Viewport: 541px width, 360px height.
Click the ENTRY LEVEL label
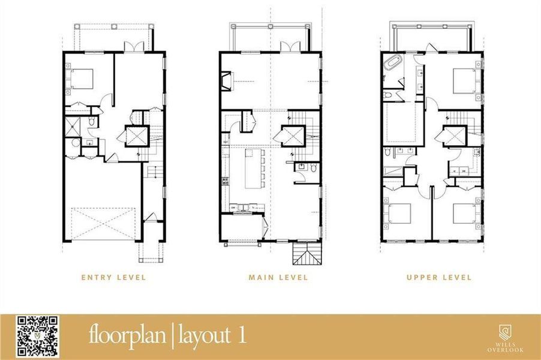point(113,277)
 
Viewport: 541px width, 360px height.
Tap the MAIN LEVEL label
point(278,277)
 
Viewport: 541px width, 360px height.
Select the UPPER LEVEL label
point(438,277)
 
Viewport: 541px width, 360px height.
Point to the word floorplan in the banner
point(128,335)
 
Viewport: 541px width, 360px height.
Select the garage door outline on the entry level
point(104,224)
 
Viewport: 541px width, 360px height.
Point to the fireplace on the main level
point(226,81)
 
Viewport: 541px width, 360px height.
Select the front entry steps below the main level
point(305,254)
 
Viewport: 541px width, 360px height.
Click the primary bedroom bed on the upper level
point(464,79)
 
